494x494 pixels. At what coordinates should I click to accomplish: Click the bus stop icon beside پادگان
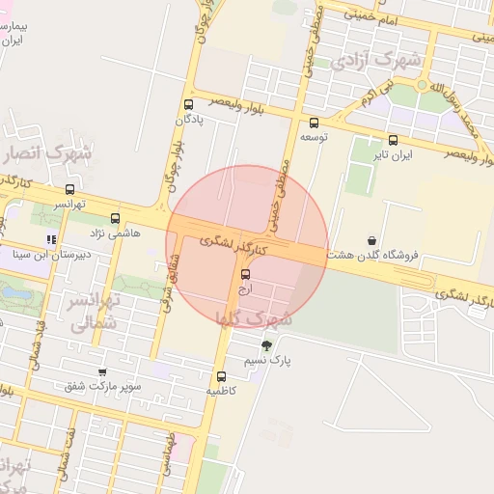187,104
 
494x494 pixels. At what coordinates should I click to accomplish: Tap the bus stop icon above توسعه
314,123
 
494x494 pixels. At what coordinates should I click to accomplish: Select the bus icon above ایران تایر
393,139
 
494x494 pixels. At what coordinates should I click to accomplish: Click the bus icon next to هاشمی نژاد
116,218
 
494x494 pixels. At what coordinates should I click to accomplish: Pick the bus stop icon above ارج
244,274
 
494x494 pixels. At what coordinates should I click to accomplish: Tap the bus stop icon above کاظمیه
221,376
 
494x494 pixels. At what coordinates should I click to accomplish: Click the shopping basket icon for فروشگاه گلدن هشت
372,239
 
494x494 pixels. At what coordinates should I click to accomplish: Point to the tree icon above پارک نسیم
266,344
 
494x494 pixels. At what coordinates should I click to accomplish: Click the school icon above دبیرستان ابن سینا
51,239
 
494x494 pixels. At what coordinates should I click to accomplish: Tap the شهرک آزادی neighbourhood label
376,61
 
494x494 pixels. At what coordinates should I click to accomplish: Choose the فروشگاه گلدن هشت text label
372,255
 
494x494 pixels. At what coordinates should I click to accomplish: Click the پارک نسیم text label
266,360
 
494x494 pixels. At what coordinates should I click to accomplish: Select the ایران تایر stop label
394,154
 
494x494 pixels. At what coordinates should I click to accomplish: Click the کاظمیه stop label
221,392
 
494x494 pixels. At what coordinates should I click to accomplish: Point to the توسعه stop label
314,138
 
